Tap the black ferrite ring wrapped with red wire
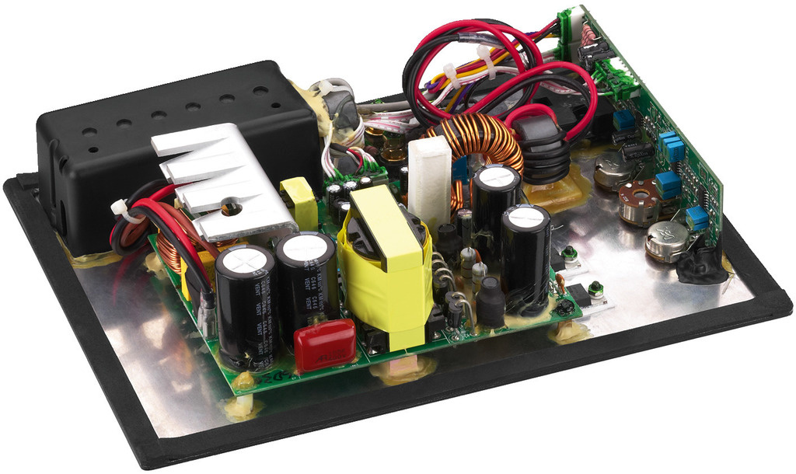pos(542,146)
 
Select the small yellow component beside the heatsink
pos(299,203)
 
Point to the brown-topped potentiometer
pos(639,202)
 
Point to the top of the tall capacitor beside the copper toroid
pos(496,177)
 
